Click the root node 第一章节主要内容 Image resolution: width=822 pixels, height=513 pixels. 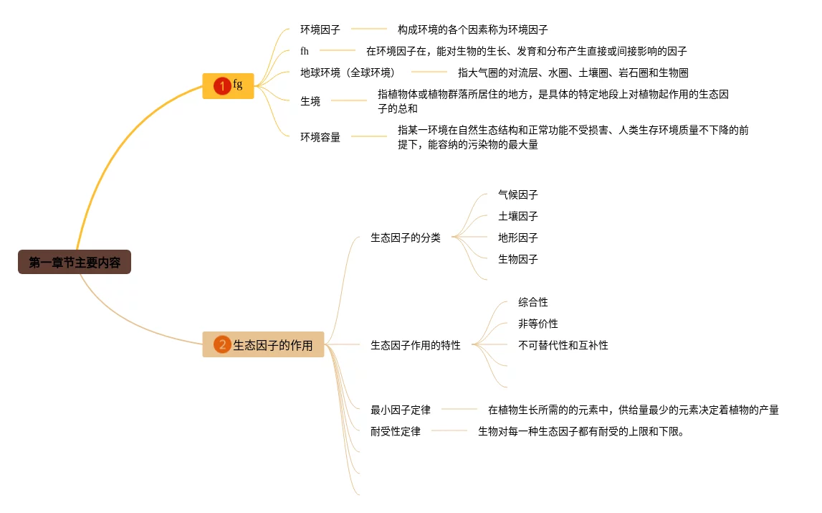click(75, 263)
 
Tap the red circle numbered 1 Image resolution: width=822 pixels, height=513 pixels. click(222, 86)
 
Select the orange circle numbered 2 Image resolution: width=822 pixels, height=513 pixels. click(222, 345)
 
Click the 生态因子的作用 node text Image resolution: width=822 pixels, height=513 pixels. click(273, 345)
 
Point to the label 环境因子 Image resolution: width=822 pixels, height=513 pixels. click(320, 29)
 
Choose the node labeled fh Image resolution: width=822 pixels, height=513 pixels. click(305, 51)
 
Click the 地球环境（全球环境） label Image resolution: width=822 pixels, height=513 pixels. click(348, 72)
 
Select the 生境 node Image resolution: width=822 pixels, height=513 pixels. click(310, 101)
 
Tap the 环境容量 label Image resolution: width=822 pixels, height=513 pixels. click(320, 137)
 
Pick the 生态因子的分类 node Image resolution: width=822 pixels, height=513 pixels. click(406, 237)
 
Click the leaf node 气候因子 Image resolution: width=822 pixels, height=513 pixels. click(518, 194)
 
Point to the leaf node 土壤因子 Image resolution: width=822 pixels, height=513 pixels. click(518, 216)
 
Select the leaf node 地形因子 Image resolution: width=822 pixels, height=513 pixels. click(518, 237)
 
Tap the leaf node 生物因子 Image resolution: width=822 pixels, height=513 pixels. click(518, 259)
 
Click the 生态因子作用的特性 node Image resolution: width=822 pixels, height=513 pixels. click(416, 345)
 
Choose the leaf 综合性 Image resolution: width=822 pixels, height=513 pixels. click(533, 302)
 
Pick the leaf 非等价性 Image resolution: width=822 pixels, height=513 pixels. click(538, 324)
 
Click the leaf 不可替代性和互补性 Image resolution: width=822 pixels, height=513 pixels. click(563, 345)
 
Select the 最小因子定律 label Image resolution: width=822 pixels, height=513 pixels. click(401, 410)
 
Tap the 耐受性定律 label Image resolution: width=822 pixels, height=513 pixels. click(396, 431)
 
